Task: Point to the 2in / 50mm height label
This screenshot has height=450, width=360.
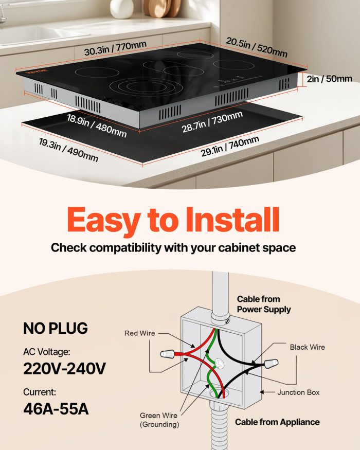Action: [329, 79]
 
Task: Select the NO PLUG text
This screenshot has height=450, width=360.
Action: [56, 328]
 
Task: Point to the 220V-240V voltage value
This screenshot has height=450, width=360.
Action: [65, 368]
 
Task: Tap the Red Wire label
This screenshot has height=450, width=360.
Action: [139, 333]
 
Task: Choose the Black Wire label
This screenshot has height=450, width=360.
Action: [307, 347]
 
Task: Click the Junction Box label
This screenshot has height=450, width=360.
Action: [298, 392]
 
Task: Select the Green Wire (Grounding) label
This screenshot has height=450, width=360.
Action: [159, 420]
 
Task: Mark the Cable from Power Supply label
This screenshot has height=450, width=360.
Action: [264, 304]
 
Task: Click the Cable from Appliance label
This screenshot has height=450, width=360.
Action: [277, 422]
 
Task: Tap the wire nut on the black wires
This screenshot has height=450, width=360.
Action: [271, 364]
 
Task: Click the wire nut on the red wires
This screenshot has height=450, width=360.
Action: [166, 354]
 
